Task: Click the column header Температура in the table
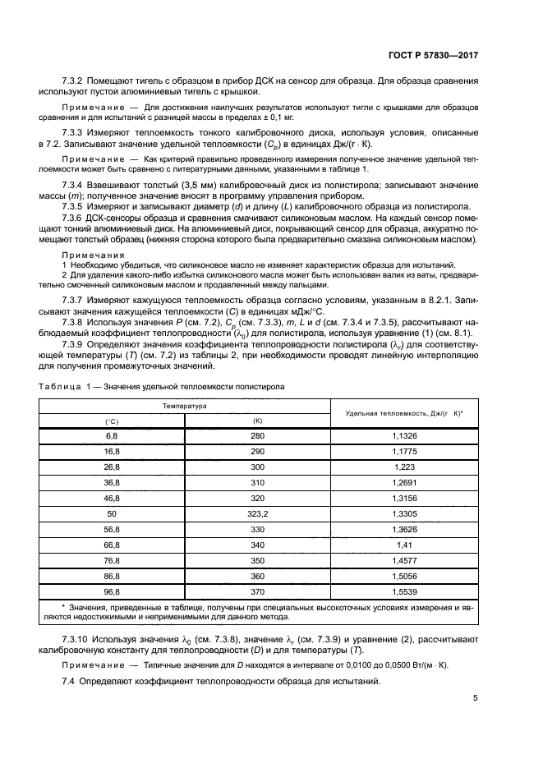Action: click(184, 406)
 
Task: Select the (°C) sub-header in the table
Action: click(112, 421)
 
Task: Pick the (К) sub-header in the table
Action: click(257, 421)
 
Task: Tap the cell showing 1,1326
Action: click(405, 435)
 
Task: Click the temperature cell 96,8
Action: click(112, 590)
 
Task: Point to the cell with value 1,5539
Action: click(405, 590)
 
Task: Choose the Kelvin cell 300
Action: click(257, 467)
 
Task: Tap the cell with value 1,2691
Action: click(405, 482)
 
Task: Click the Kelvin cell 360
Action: click(257, 575)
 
